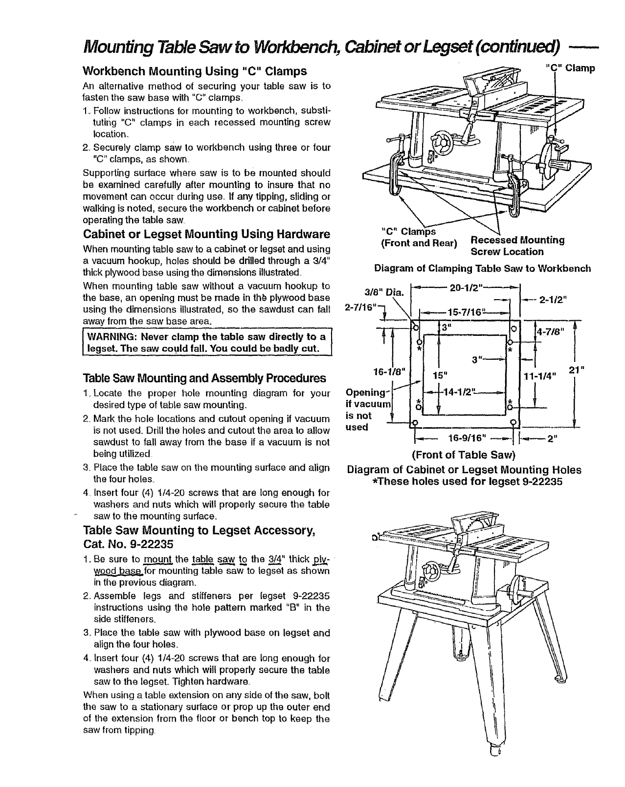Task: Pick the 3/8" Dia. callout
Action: [384, 292]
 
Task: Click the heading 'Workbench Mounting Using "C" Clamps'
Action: [195, 71]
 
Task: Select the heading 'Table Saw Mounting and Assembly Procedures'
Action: [204, 378]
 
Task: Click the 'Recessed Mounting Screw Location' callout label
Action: [517, 246]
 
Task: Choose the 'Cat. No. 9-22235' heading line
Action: [129, 544]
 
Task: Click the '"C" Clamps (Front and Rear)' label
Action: [419, 237]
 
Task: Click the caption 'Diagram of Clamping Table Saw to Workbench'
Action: [482, 268]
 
